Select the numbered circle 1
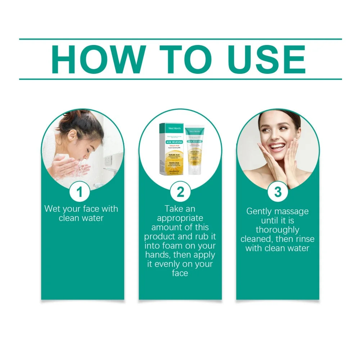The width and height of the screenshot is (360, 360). (x=80, y=192)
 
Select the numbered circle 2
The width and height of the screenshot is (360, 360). (x=180, y=192)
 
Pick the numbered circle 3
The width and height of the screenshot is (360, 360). (x=278, y=192)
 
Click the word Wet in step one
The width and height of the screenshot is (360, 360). (x=52, y=209)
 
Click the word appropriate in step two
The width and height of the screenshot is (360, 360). (x=180, y=218)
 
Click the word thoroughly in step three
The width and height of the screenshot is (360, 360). (x=278, y=230)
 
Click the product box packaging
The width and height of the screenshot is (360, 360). (x=171, y=148)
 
